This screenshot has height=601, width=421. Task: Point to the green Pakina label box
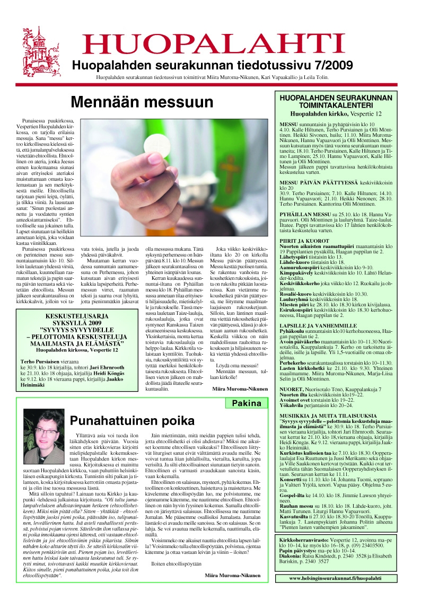coord(243,403)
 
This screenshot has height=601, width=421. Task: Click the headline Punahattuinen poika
coord(132,421)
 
